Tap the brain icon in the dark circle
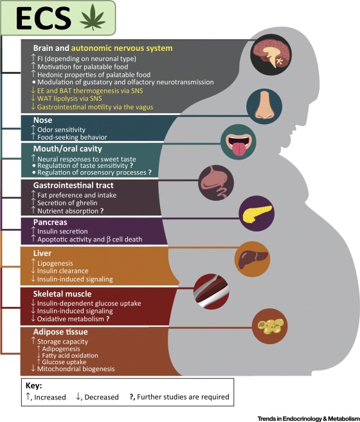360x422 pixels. click(x=271, y=55)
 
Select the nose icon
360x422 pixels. click(x=264, y=105)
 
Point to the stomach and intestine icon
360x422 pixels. click(x=216, y=183)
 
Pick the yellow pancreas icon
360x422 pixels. click(x=257, y=214)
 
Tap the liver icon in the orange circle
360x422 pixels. click(x=253, y=259)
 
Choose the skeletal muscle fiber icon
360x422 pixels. click(x=212, y=292)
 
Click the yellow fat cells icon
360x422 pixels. click(x=270, y=326)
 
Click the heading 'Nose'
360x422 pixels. click(x=42, y=120)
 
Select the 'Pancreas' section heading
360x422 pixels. click(x=50, y=223)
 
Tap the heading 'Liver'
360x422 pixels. click(x=42, y=253)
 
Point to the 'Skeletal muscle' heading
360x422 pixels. click(x=62, y=294)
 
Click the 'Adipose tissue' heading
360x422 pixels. click(x=60, y=332)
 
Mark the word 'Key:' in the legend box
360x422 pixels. click(x=34, y=386)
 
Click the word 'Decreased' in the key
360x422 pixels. click(x=102, y=398)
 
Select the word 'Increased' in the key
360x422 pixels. click(x=50, y=398)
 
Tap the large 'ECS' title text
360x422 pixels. click(x=43, y=18)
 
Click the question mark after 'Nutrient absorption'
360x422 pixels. click(x=102, y=211)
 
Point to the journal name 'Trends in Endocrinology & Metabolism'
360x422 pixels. click(x=309, y=419)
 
